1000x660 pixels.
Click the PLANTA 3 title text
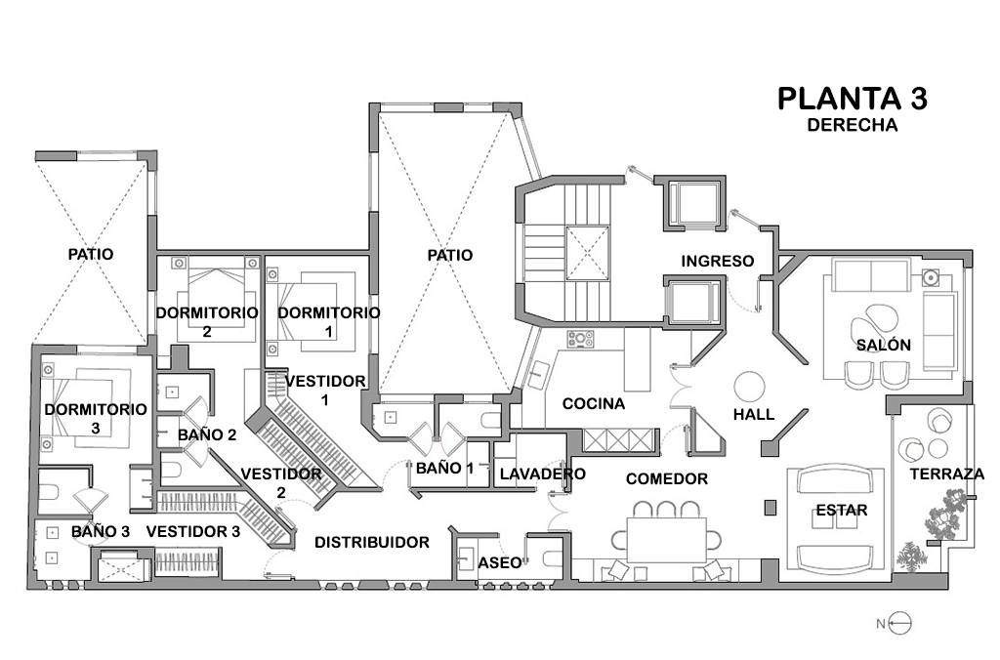click(852, 99)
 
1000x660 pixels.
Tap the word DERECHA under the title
click(852, 125)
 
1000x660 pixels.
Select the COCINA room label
click(593, 403)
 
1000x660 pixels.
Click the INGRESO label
click(718, 261)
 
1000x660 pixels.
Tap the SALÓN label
click(884, 345)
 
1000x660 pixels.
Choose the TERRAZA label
click(946, 474)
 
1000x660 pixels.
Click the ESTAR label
click(840, 510)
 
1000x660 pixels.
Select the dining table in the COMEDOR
click(665, 538)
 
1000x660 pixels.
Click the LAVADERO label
click(542, 474)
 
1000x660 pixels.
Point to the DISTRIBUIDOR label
click(371, 542)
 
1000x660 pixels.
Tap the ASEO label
click(498, 563)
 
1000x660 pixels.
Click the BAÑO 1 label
click(444, 469)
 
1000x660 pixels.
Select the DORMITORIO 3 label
click(96, 418)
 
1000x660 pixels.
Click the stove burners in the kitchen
click(581, 341)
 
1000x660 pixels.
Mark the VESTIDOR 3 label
click(193, 532)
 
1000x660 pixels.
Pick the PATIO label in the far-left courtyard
click(91, 254)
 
